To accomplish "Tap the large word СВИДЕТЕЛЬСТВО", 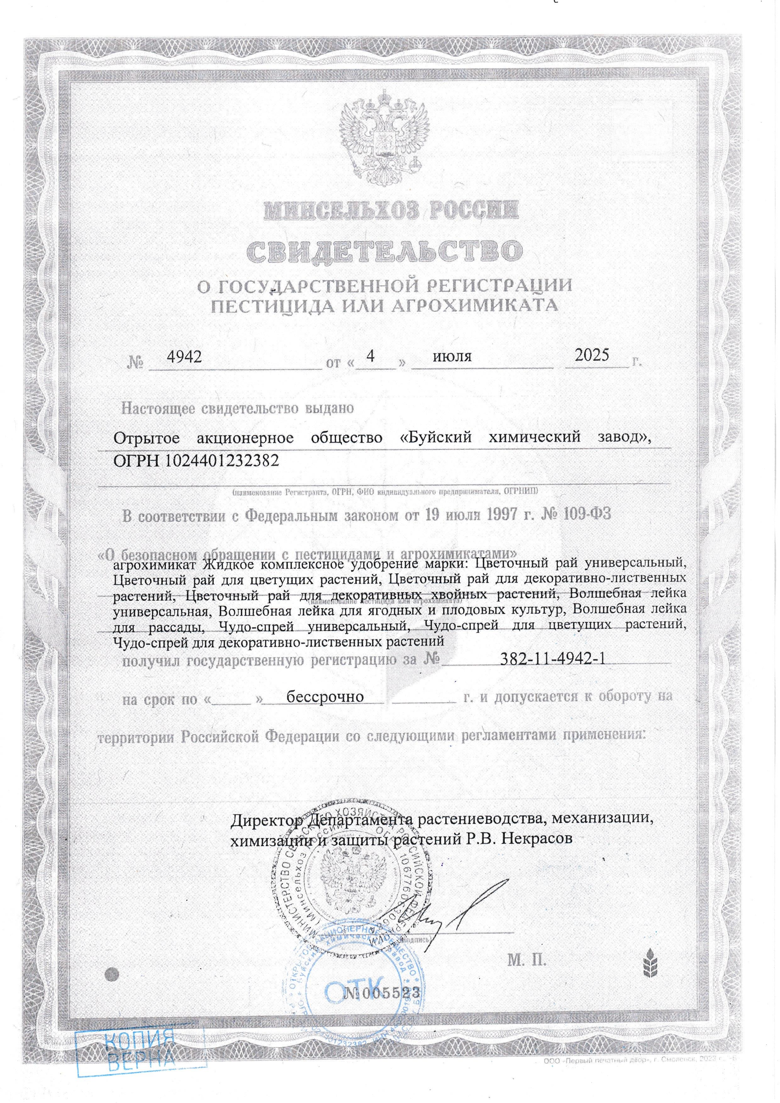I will click(x=384, y=250).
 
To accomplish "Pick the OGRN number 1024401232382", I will click(x=222, y=461).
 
